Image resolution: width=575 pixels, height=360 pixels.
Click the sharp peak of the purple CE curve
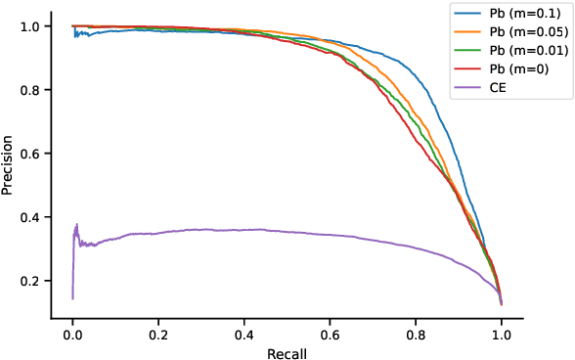click(x=76, y=224)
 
